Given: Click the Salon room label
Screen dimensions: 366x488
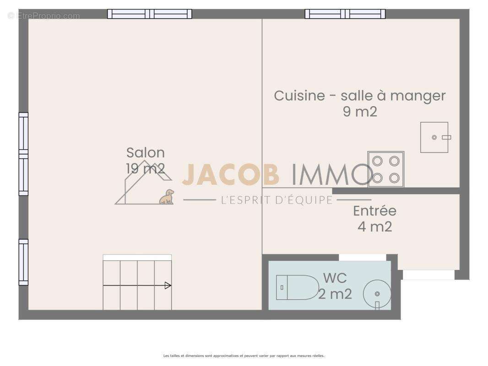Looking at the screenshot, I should tap(146, 152).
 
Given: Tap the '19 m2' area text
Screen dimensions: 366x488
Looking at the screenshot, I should tap(146, 168).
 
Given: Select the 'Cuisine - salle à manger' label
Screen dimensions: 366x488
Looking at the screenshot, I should tap(360, 96).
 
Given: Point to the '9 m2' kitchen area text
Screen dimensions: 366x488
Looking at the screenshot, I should tap(360, 111).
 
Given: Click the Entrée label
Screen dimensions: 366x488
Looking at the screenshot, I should tap(374, 211).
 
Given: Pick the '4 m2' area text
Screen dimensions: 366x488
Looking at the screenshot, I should tap(374, 226).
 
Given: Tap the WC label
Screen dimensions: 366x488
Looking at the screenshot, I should tap(335, 278).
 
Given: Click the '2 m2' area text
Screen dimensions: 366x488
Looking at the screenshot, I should tap(335, 294).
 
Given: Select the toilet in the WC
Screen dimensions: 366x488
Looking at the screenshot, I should tap(298, 287).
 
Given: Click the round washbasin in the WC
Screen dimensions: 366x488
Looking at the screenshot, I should tap(377, 293).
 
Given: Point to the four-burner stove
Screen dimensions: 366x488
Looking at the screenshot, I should tap(385, 169).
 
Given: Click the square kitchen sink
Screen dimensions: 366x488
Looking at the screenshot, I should tap(434, 137).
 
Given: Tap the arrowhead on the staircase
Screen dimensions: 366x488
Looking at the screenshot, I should tap(168, 285).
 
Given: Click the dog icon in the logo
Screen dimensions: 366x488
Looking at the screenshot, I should tap(167, 197).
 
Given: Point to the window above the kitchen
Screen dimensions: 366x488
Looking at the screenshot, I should tap(345, 14).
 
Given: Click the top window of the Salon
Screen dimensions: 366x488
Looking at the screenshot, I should tap(150, 14).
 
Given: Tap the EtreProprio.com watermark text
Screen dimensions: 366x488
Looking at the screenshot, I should tap(44, 16).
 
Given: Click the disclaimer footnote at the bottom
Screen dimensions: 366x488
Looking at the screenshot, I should tap(244, 355).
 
